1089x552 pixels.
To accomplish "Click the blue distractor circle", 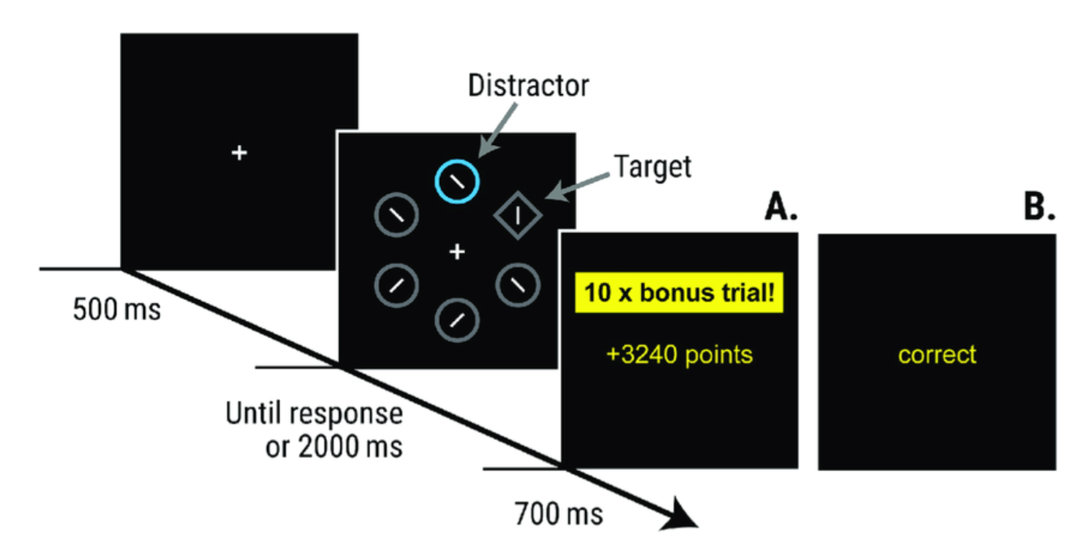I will point(458,180).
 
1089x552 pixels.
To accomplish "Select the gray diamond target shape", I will point(518,216).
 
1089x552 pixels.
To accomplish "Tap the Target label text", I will point(652,166).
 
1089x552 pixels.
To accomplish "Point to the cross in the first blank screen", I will point(239,152).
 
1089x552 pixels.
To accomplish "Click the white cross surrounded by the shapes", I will point(458,253).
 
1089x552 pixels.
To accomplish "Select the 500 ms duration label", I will point(116,310).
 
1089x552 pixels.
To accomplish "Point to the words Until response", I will point(313,414).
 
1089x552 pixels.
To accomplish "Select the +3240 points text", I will point(679,354).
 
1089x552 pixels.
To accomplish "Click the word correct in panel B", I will point(937,354).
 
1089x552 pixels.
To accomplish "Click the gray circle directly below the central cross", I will point(458,319).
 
